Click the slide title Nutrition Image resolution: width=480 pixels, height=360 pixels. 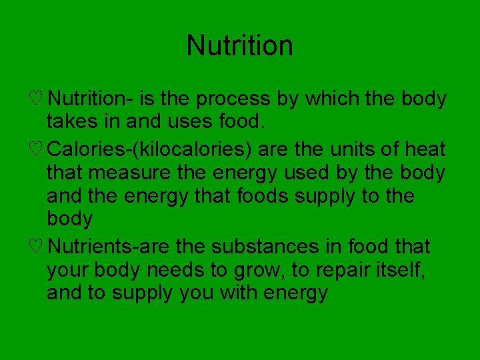coord(239,46)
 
